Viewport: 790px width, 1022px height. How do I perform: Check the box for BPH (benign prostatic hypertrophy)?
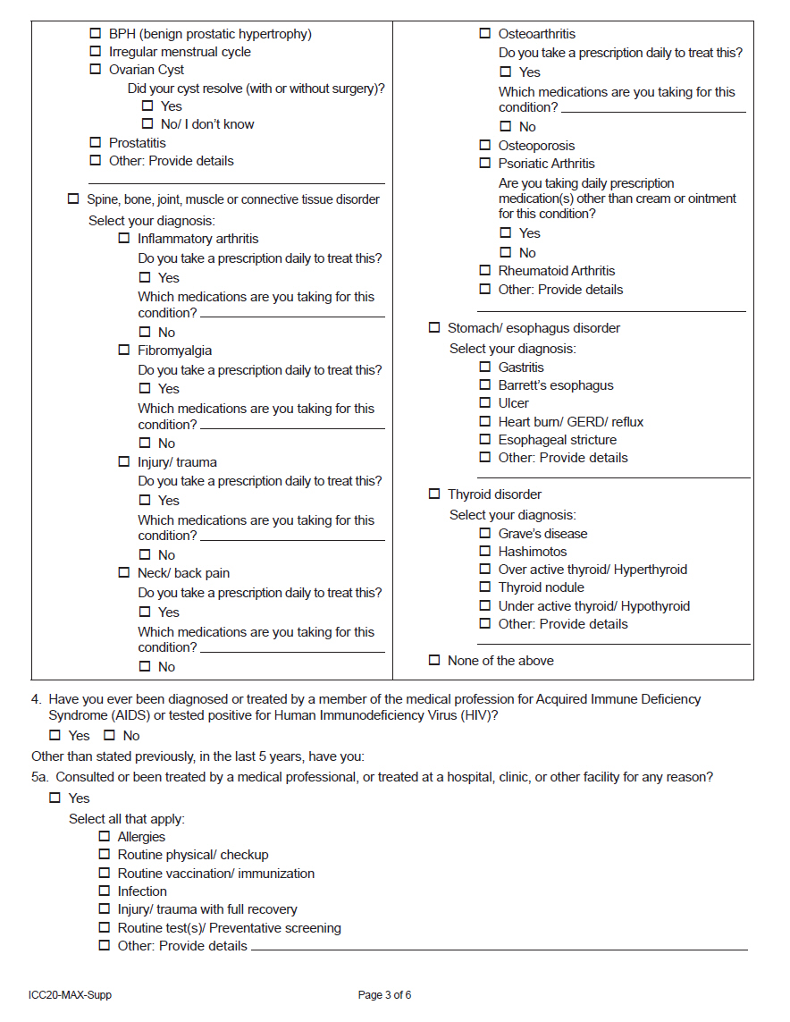point(96,34)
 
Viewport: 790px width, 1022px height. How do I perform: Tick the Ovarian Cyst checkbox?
point(96,70)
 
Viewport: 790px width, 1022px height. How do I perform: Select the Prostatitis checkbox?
point(96,143)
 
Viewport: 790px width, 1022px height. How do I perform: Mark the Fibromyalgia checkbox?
point(124,351)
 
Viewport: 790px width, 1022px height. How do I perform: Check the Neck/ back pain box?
point(124,573)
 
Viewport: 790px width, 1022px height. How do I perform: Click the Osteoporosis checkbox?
point(485,146)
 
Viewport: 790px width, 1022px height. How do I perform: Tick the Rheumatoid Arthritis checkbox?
point(485,271)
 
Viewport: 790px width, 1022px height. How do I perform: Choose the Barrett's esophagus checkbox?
point(485,385)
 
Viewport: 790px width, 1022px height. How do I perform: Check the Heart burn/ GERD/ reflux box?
point(485,421)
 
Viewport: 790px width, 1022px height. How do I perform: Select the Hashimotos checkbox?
point(485,552)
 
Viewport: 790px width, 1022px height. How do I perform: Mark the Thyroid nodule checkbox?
point(485,587)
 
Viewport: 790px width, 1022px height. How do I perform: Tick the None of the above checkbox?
point(434,661)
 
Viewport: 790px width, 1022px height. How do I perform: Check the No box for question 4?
point(109,736)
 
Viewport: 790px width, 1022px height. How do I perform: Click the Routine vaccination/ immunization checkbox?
point(105,874)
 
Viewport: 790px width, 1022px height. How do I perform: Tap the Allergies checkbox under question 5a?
point(105,837)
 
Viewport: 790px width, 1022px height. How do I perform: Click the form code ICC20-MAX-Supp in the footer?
point(70,995)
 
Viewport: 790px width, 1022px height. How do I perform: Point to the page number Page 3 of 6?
point(384,995)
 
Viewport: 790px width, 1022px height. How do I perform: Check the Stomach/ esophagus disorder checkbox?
point(434,328)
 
